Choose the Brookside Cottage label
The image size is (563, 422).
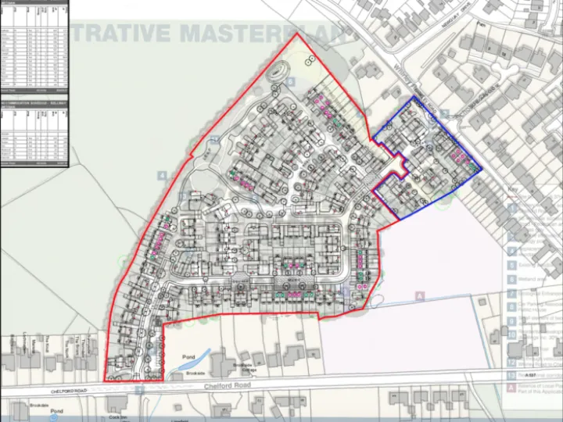pyautogui.click(x=235, y=367)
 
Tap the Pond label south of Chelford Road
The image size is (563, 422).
pyautogui.click(x=56, y=410)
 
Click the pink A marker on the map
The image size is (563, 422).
pyautogui.click(x=420, y=296)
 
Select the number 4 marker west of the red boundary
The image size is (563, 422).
pyautogui.click(x=162, y=176)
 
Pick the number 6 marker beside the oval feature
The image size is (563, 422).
pyautogui.click(x=290, y=80)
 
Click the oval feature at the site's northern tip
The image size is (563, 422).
pyautogui.click(x=277, y=72)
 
